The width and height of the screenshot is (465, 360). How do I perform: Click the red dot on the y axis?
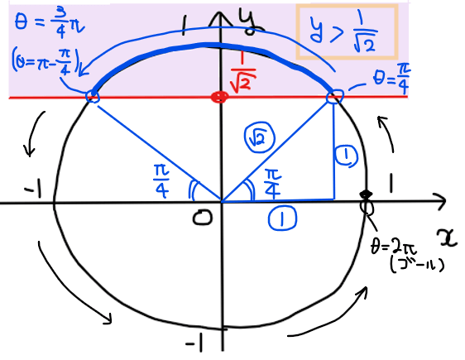point(219,97)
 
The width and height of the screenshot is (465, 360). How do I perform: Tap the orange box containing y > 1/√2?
point(297,31)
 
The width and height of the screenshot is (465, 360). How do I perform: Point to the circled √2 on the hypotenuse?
point(260,137)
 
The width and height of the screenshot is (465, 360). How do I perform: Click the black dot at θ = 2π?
point(366,194)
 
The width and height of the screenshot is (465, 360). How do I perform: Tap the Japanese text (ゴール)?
point(417,266)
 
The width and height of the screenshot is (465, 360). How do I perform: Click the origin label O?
point(203,218)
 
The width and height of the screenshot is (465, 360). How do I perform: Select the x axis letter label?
point(448,238)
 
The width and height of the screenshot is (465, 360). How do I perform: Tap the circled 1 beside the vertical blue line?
point(346,156)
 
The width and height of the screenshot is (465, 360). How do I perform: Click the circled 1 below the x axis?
point(282,218)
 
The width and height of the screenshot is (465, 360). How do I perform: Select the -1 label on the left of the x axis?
point(33,190)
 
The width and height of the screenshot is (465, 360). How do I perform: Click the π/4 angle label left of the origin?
point(161,181)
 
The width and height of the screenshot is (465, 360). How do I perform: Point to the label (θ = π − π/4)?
point(46,61)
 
